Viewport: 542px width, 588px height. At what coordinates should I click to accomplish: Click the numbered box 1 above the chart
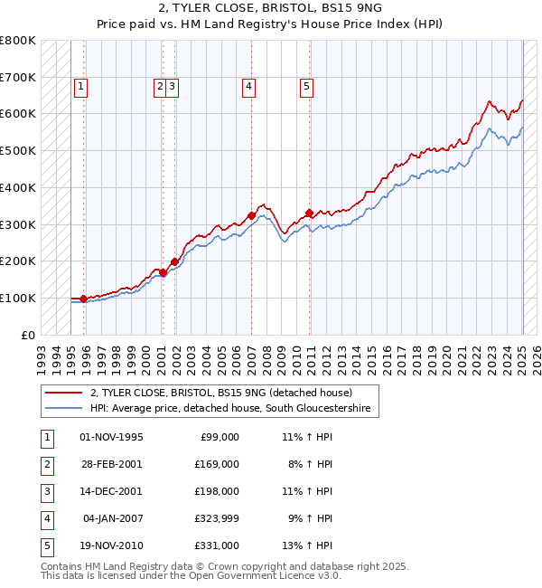pos(80,87)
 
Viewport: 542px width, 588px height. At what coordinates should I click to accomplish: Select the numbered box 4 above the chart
pos(248,87)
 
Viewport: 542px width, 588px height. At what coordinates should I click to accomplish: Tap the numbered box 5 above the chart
pos(307,87)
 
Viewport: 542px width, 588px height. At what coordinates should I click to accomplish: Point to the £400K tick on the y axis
pos(18,187)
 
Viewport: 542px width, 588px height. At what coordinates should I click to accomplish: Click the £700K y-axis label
pos(18,77)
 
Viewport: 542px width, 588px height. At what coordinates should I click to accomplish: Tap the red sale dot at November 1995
pos(83,299)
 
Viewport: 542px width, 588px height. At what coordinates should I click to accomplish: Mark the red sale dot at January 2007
pos(251,215)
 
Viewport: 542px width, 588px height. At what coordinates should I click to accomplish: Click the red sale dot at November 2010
pos(309,213)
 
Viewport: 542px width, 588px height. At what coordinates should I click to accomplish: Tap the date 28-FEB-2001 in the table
pos(111,464)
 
